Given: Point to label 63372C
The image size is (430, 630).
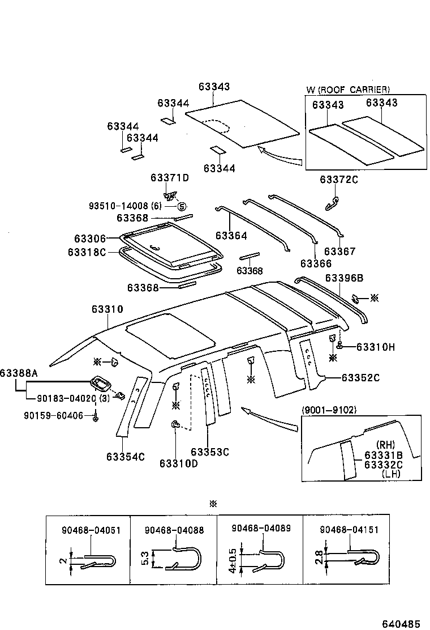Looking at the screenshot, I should pos(339,180).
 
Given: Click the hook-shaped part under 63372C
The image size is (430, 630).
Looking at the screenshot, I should pos(333,201).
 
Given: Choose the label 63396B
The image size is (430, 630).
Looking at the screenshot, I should pos(344,278).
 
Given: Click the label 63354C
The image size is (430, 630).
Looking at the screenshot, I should pos(125,456).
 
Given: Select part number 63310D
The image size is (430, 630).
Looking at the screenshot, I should pos(178,463).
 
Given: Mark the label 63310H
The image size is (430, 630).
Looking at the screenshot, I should pos(375,347).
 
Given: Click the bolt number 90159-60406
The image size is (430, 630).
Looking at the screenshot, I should pos(53,416).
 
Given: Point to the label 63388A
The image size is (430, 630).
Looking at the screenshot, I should pos(19,373).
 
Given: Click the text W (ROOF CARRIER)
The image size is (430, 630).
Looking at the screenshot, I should pos(347,90).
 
